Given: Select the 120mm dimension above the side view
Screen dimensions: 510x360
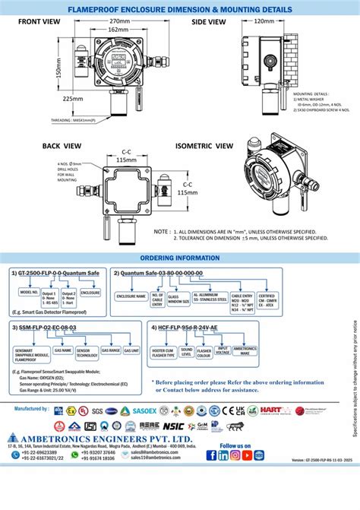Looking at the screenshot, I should tap(264, 21).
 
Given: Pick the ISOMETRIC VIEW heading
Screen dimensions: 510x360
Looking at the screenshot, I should tap(204, 144).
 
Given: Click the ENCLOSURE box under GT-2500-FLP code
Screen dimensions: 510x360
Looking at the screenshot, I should tap(90, 292).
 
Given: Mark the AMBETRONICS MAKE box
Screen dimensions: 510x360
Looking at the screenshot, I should tap(244, 352).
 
